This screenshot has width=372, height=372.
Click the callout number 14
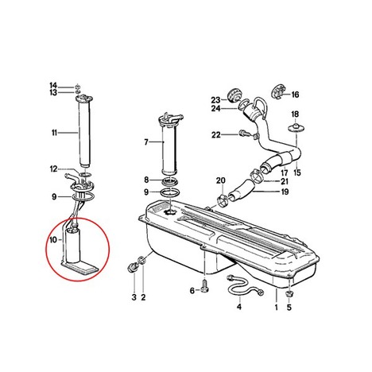pos(53,86)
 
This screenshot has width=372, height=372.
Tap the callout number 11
pos(54,133)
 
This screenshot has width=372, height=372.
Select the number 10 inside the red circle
pos(53,240)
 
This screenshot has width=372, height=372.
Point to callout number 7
pos(146,142)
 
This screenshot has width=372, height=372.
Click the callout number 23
pos(215,100)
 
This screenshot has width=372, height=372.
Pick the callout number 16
pos(295,95)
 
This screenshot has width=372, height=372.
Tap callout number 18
pos(295,114)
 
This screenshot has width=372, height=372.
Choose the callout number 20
pos(220,180)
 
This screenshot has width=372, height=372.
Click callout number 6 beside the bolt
pos(192,291)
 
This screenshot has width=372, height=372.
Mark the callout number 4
pos(239,307)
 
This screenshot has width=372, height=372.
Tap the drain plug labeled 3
pos(132,267)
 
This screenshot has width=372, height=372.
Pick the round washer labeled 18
pos(296,127)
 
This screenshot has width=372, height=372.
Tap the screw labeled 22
pos(243,134)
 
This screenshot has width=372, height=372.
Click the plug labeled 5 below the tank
pos(289,294)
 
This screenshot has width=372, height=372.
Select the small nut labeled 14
pos(77,87)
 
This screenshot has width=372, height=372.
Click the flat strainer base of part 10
pos(80,266)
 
